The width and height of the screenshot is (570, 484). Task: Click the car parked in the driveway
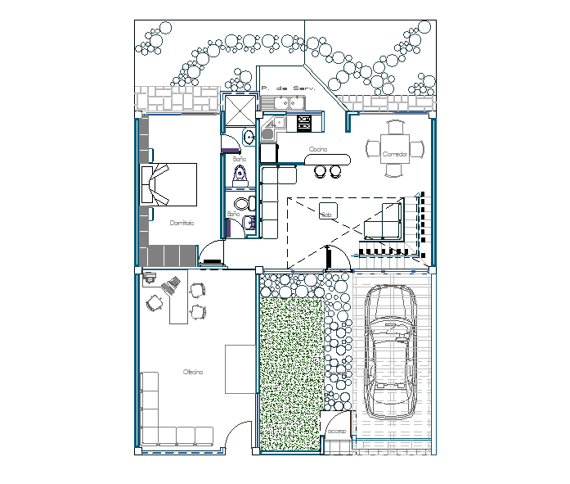coord(390,352)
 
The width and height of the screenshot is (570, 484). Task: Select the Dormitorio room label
coord(182,223)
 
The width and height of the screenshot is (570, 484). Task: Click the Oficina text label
coord(193,372)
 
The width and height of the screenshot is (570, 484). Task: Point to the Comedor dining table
coord(396,149)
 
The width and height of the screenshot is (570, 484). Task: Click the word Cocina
coord(318,149)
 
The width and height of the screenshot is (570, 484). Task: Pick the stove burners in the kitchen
coord(304,123)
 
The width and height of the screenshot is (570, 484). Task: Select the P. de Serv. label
coord(282,88)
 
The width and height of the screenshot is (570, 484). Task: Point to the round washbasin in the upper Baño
coord(249,137)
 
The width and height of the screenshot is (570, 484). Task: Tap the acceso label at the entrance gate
coord(337,432)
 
